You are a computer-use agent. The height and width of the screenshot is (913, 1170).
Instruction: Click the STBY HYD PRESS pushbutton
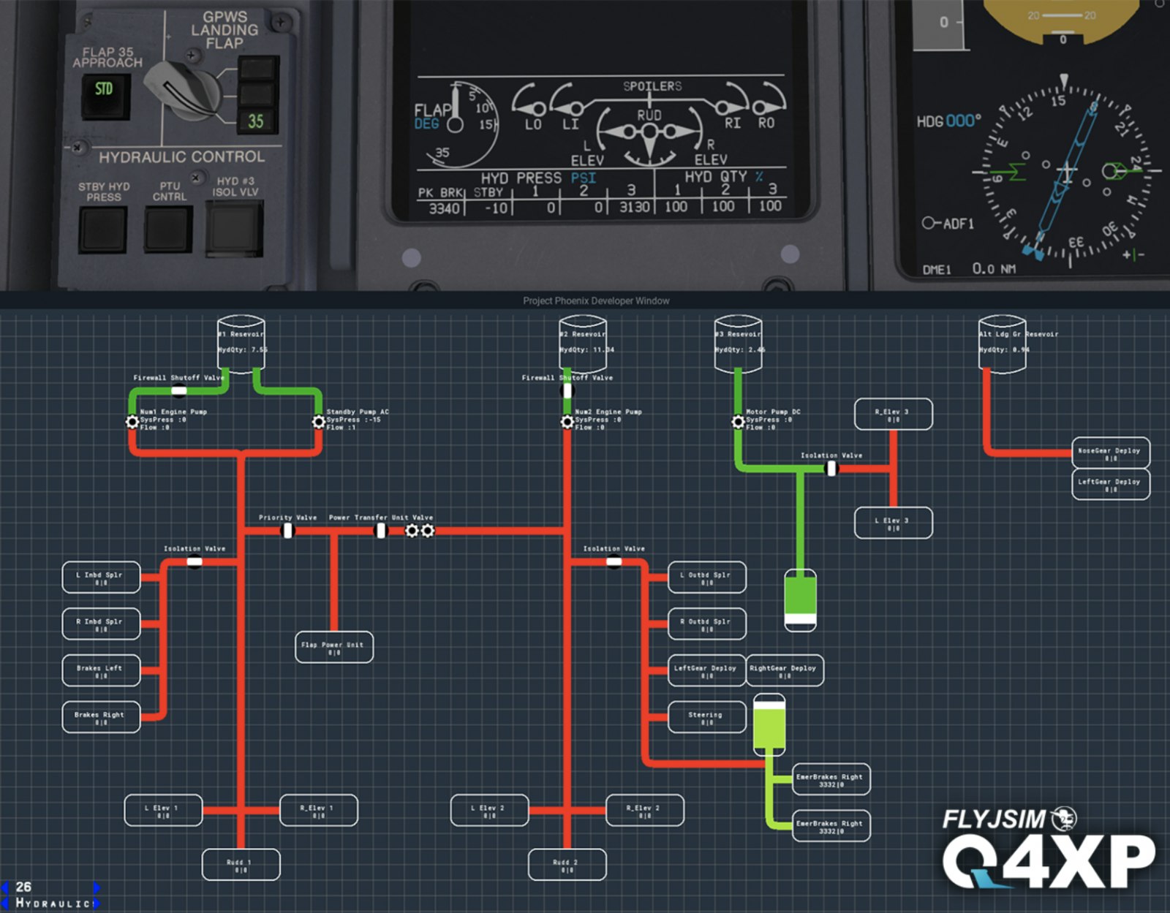103,230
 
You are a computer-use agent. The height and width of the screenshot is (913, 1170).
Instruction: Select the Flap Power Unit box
334,648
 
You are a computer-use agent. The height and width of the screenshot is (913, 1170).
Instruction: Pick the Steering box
706,718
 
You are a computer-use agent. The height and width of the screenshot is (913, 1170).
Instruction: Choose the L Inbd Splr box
101,578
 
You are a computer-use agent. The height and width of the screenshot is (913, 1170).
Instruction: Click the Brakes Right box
101,718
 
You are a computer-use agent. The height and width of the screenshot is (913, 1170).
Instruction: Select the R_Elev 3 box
893,414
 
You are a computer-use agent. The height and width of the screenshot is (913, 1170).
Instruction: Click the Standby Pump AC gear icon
319,422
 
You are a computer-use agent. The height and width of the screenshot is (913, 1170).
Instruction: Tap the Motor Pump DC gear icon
738,422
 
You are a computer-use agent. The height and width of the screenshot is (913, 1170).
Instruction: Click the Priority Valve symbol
288,530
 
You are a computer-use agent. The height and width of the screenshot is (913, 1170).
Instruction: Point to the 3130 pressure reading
634,208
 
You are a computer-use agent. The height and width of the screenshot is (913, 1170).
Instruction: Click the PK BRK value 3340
443,208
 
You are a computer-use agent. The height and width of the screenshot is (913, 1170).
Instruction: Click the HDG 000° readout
948,121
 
